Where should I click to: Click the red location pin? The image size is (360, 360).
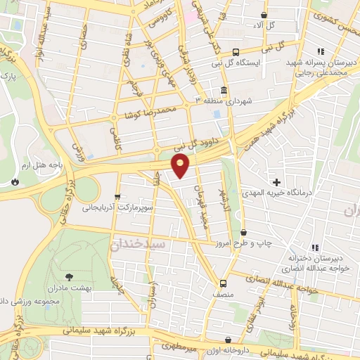(181, 166)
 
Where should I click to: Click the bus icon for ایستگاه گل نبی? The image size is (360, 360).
(236, 51)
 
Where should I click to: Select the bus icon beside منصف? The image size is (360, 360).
(223, 284)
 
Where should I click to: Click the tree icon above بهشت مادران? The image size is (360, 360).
(69, 277)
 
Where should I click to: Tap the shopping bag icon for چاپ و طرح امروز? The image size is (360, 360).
(244, 232)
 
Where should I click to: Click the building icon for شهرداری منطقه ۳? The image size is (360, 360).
(223, 91)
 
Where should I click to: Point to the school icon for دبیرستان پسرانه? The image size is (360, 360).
(321, 51)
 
